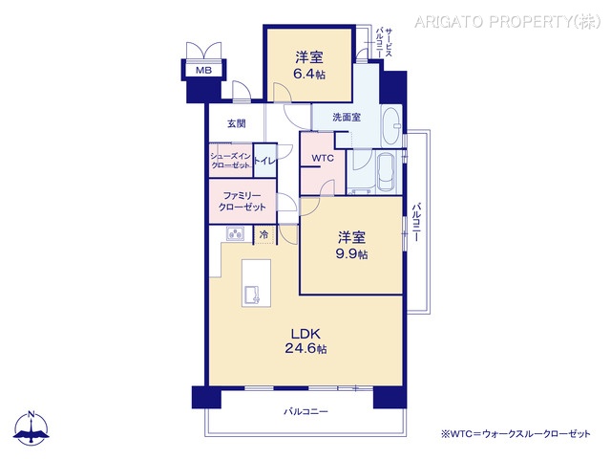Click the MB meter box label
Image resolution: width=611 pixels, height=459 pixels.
click(203, 71)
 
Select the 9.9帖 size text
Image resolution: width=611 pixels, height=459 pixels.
click(351, 254)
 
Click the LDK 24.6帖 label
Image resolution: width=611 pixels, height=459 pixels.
click(305, 341)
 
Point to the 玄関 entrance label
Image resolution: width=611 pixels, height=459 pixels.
click(237, 123)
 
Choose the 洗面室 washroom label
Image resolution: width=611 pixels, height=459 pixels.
click(346, 118)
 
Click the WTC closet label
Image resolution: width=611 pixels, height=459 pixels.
click(323, 158)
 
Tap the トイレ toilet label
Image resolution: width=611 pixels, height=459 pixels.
click(265, 162)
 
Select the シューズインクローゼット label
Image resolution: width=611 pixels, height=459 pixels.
click(230, 161)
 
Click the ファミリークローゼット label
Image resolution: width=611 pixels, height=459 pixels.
click(242, 201)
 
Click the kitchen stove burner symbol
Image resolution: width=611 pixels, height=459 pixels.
click(236, 234)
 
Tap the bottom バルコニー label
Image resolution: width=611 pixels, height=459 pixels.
click(305, 412)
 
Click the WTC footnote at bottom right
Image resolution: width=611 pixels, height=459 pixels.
click(516, 433)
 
